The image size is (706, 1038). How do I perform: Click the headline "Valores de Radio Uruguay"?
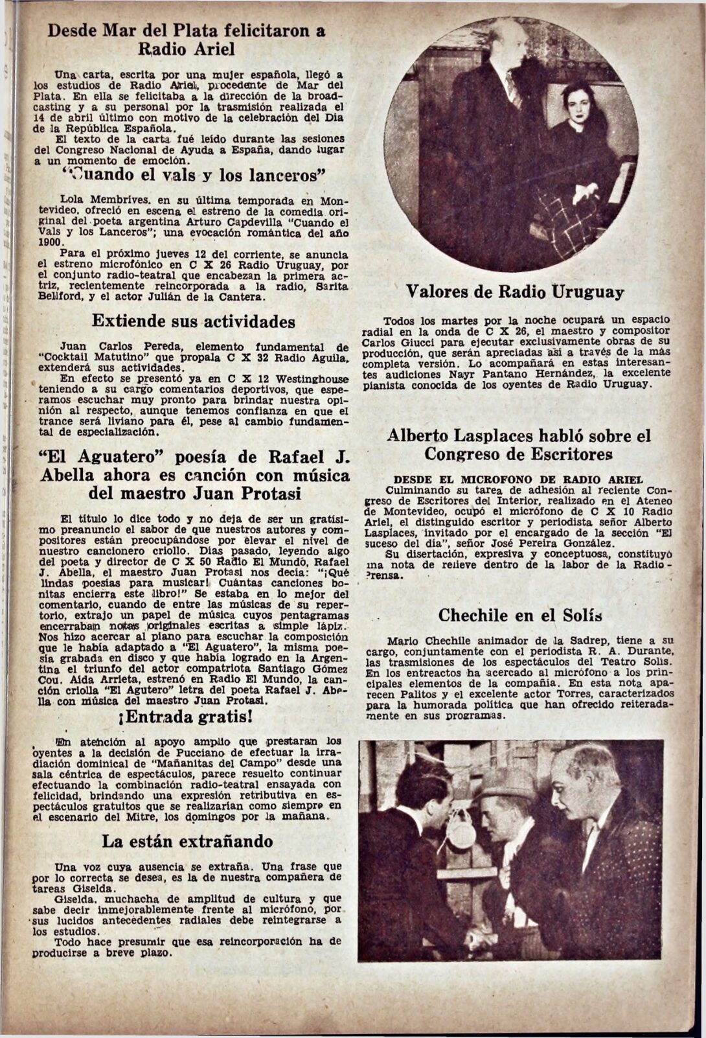(x=515, y=292)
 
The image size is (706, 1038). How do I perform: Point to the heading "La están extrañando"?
(x=187, y=842)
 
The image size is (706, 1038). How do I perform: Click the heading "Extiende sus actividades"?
(x=193, y=321)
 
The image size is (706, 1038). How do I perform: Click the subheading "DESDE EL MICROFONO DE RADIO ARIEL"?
(x=509, y=479)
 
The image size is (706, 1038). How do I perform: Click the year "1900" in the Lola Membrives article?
(x=48, y=242)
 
